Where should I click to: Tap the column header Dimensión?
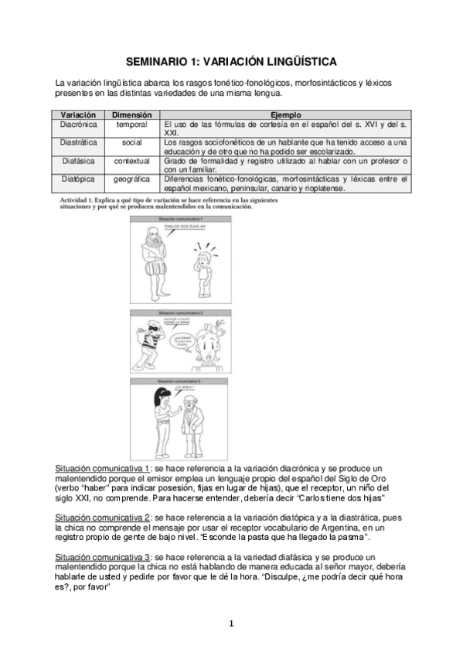[132, 114]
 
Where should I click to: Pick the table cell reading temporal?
[132, 124]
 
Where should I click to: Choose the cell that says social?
[132, 142]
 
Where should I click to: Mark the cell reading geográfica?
[132, 179]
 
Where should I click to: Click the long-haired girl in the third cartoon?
[158, 417]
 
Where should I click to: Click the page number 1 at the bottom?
[231, 624]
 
